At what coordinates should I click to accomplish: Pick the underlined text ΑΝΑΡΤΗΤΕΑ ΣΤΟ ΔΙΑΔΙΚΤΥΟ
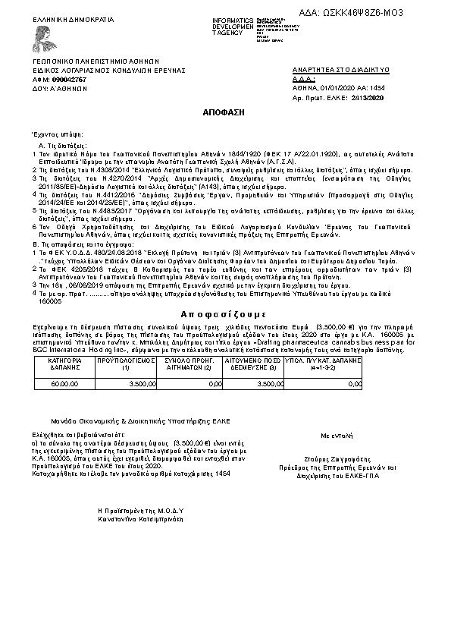pyautogui.click(x=340, y=69)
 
